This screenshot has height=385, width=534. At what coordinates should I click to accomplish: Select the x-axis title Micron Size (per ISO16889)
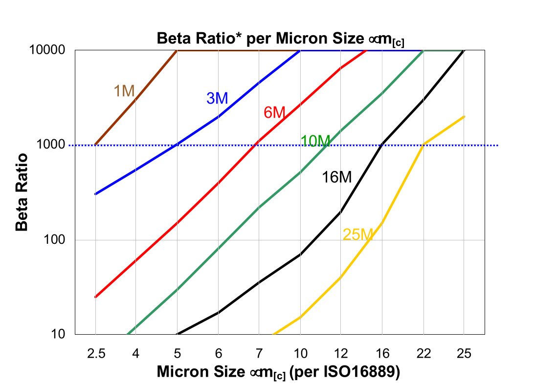click(x=279, y=372)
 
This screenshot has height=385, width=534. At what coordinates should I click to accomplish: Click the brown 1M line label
click(x=124, y=91)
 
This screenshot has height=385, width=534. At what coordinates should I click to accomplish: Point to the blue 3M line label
click(x=217, y=98)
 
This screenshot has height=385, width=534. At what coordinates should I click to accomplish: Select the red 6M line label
click(x=274, y=113)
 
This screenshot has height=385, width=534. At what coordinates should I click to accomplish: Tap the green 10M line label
click(x=315, y=141)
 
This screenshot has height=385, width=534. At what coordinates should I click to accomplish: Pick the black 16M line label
click(x=336, y=177)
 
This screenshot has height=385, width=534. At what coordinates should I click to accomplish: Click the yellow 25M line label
click(x=358, y=235)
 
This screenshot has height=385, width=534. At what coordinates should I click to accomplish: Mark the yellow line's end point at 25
click(x=464, y=116)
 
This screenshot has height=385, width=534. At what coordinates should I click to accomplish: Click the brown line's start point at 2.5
click(x=95, y=145)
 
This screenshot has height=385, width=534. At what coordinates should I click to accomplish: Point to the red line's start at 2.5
click(x=95, y=297)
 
